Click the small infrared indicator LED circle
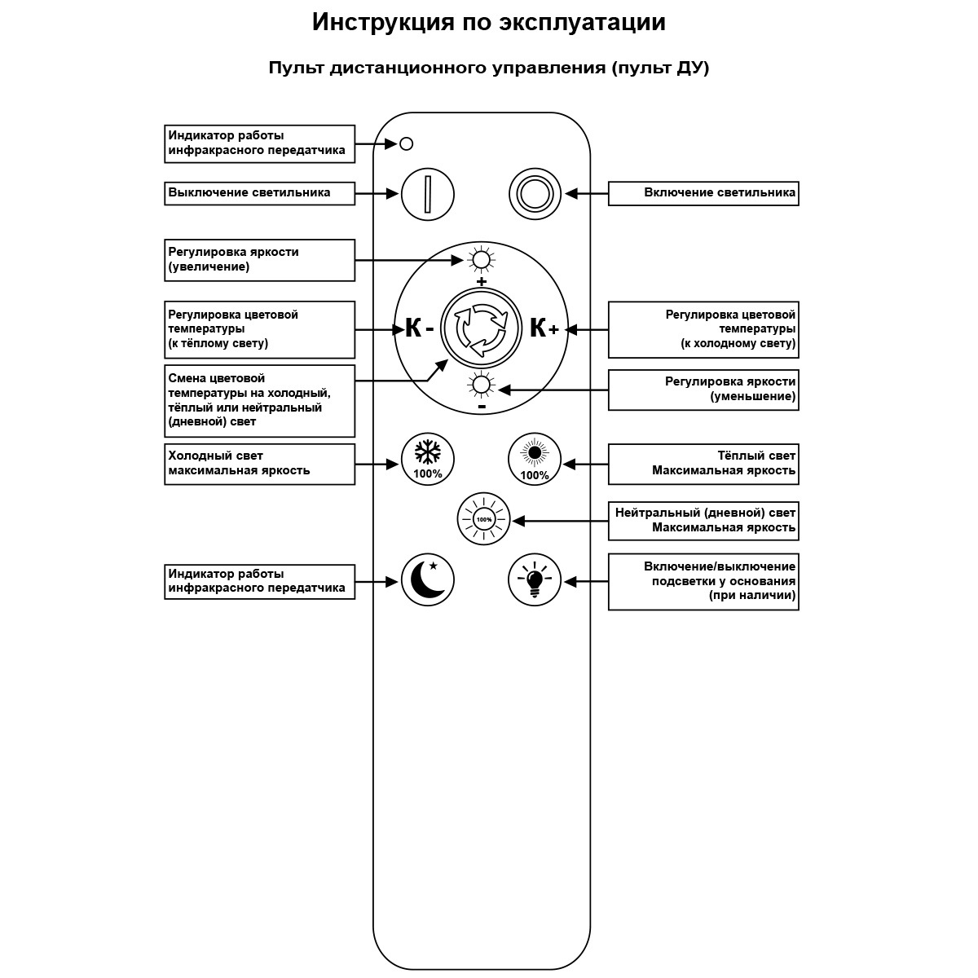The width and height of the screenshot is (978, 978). (x=407, y=144)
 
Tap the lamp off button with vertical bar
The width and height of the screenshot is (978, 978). (x=427, y=194)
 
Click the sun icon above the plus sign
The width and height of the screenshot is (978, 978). (x=481, y=260)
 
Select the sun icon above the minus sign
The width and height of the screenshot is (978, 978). (x=481, y=385)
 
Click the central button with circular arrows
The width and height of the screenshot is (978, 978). (x=481, y=328)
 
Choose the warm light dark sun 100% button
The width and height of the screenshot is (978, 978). (x=535, y=459)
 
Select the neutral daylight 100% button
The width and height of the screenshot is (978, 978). (x=483, y=519)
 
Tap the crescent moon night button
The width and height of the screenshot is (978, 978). (x=427, y=581)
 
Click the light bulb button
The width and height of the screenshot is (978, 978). (x=535, y=580)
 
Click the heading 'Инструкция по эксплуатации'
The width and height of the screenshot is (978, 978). (x=488, y=22)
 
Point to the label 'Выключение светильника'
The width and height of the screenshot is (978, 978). (x=259, y=193)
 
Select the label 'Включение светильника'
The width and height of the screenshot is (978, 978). (x=703, y=193)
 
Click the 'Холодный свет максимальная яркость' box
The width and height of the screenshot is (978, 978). (x=259, y=464)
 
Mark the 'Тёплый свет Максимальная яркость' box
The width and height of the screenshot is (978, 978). (x=703, y=464)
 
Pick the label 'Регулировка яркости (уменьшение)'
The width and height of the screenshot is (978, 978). (x=703, y=390)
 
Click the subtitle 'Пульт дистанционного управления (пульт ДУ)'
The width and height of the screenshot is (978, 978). (x=488, y=68)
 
